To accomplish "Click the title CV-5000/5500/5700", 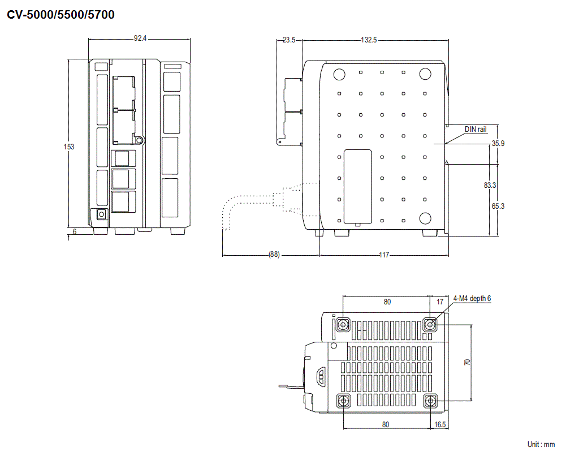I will pyautogui.click(x=61, y=15).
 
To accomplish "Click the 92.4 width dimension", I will pyautogui.click(x=140, y=38).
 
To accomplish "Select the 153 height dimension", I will pyautogui.click(x=68, y=147).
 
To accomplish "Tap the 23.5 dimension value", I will pyautogui.click(x=289, y=40).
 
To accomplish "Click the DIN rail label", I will pyautogui.click(x=475, y=129).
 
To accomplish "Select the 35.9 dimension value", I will pyautogui.click(x=498, y=144).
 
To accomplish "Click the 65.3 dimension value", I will pyautogui.click(x=498, y=206).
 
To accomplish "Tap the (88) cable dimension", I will pyautogui.click(x=273, y=255).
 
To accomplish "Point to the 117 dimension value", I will pyautogui.click(x=383, y=255).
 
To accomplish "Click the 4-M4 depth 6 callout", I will pyautogui.click(x=472, y=298).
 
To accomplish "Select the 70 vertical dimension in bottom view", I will pyautogui.click(x=467, y=362).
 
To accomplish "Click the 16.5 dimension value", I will pyautogui.click(x=440, y=424).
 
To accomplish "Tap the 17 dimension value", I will pyautogui.click(x=440, y=302).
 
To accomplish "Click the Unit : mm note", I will pyautogui.click(x=541, y=445).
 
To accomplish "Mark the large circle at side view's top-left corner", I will pyautogui.click(x=339, y=74).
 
